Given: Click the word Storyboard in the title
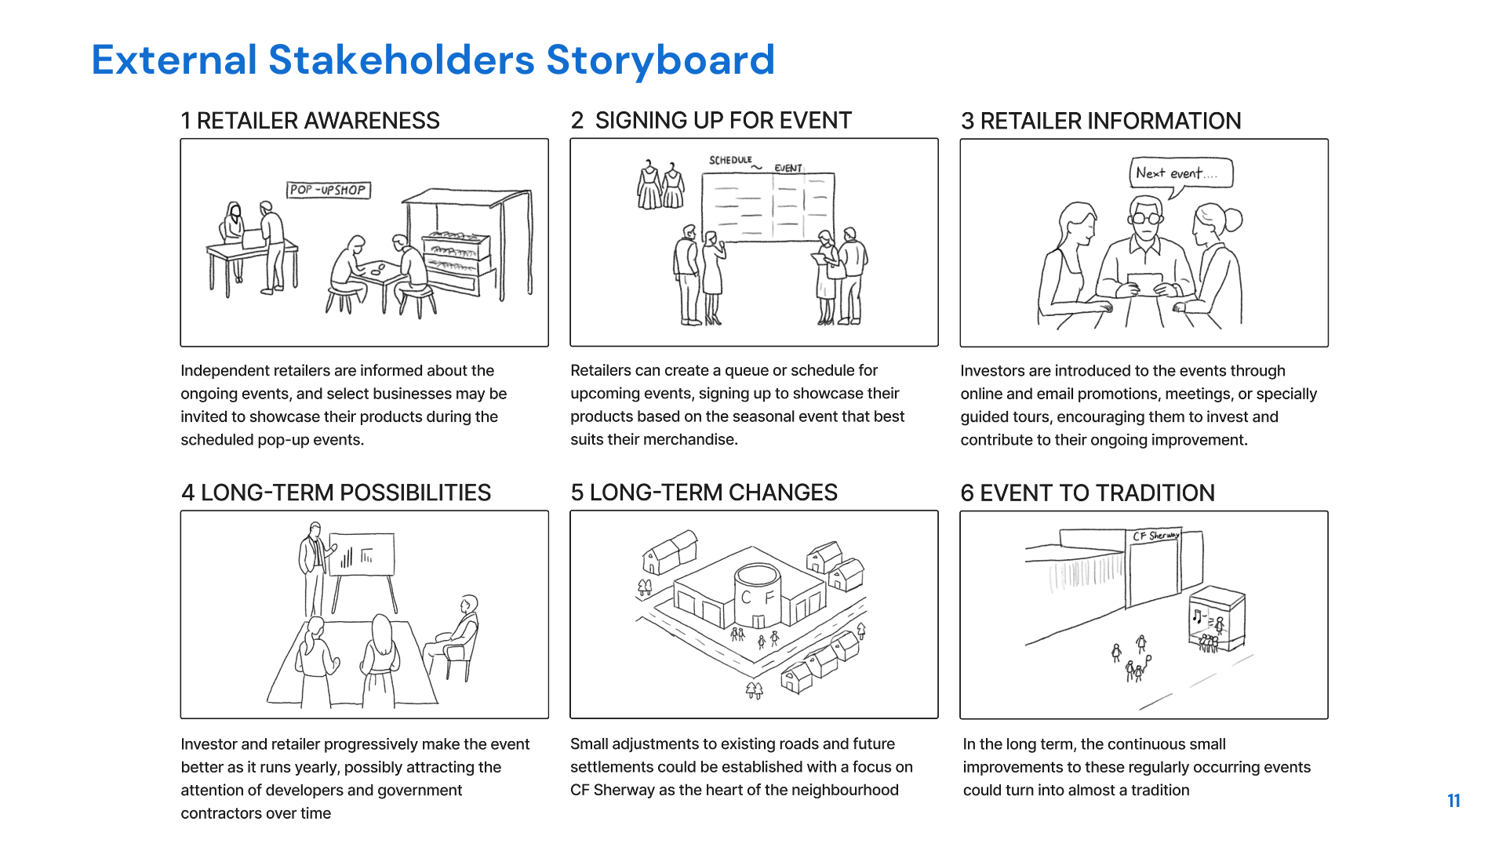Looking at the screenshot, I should coord(660,60).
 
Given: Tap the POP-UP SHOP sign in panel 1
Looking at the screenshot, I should coord(328,190).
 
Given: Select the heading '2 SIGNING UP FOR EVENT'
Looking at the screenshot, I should coord(711,121).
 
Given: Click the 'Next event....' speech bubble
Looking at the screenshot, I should coord(1180,173).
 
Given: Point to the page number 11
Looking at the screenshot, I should coord(1453,801).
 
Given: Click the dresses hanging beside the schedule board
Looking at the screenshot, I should coord(660,187).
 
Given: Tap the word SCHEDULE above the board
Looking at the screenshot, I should coord(730,160).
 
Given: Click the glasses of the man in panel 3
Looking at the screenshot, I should coord(1146,217).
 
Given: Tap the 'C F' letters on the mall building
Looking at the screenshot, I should coord(758,598).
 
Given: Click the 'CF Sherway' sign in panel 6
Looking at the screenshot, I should coord(1155,536).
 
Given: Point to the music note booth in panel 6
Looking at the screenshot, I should coord(1216,620).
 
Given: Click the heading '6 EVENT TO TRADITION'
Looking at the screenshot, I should coord(1087,493).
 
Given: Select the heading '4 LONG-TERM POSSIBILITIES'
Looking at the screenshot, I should coord(336,493).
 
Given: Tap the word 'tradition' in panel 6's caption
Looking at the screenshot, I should coord(1159,791).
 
